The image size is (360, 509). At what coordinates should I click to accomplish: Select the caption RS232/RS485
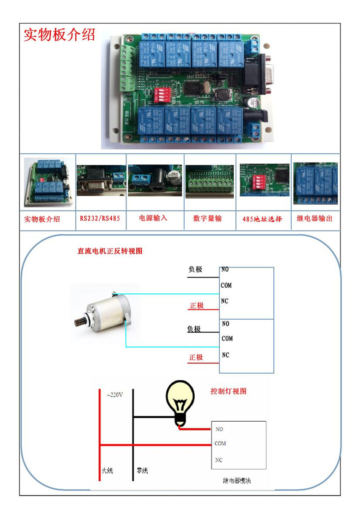(x=100, y=218)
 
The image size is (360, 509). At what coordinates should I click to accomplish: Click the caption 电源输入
(x=153, y=218)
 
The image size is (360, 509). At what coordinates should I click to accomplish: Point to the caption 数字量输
(x=207, y=218)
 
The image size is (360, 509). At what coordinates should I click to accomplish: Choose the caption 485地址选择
(x=262, y=219)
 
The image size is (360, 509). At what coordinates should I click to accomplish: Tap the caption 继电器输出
(x=314, y=218)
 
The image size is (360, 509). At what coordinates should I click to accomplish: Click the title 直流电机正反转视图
(x=110, y=251)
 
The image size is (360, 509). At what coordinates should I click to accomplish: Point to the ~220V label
(x=114, y=395)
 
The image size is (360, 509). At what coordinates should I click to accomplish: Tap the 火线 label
(x=107, y=471)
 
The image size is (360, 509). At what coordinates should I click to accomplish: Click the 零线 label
(x=142, y=471)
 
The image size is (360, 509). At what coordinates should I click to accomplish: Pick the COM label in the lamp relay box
(x=220, y=443)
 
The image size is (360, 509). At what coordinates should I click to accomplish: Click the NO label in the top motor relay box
(x=225, y=269)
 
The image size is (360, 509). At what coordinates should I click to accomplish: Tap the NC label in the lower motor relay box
(x=225, y=355)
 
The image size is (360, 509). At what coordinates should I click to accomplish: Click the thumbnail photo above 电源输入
(x=155, y=181)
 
